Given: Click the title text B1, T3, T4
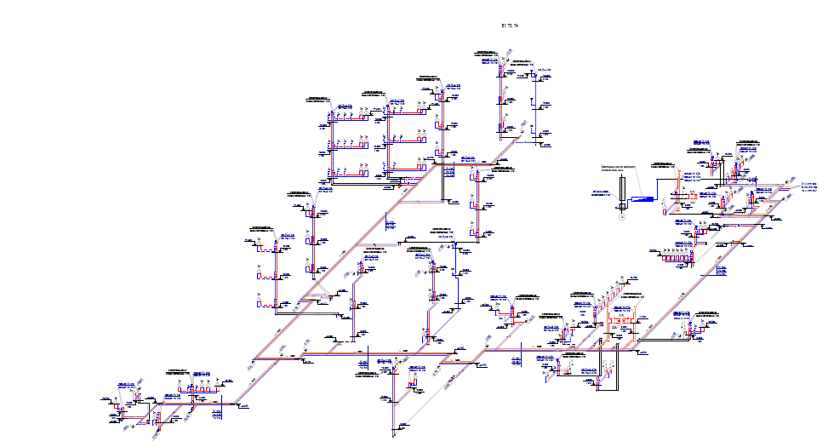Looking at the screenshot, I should [x=511, y=27].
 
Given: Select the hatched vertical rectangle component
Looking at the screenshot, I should [x=622, y=189].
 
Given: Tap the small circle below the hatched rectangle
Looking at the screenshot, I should [x=622, y=216].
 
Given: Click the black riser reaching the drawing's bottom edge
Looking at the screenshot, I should [x=394, y=409].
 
